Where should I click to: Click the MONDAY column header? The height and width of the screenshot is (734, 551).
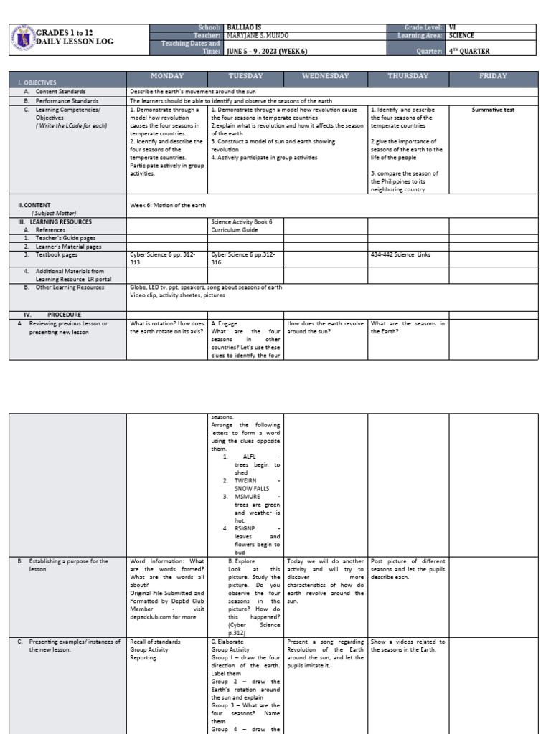tap(166, 76)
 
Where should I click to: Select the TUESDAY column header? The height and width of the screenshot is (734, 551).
tap(245, 76)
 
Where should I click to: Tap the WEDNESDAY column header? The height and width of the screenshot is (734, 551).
tap(325, 76)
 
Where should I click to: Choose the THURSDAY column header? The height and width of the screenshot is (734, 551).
tap(408, 76)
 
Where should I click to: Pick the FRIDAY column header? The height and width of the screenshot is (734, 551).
tap(493, 76)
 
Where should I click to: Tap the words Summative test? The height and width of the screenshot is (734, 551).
tap(493, 110)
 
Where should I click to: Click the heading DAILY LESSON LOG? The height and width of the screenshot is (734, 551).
tap(75, 42)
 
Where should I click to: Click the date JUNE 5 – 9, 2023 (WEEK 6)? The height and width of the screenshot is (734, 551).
tap(273, 52)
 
